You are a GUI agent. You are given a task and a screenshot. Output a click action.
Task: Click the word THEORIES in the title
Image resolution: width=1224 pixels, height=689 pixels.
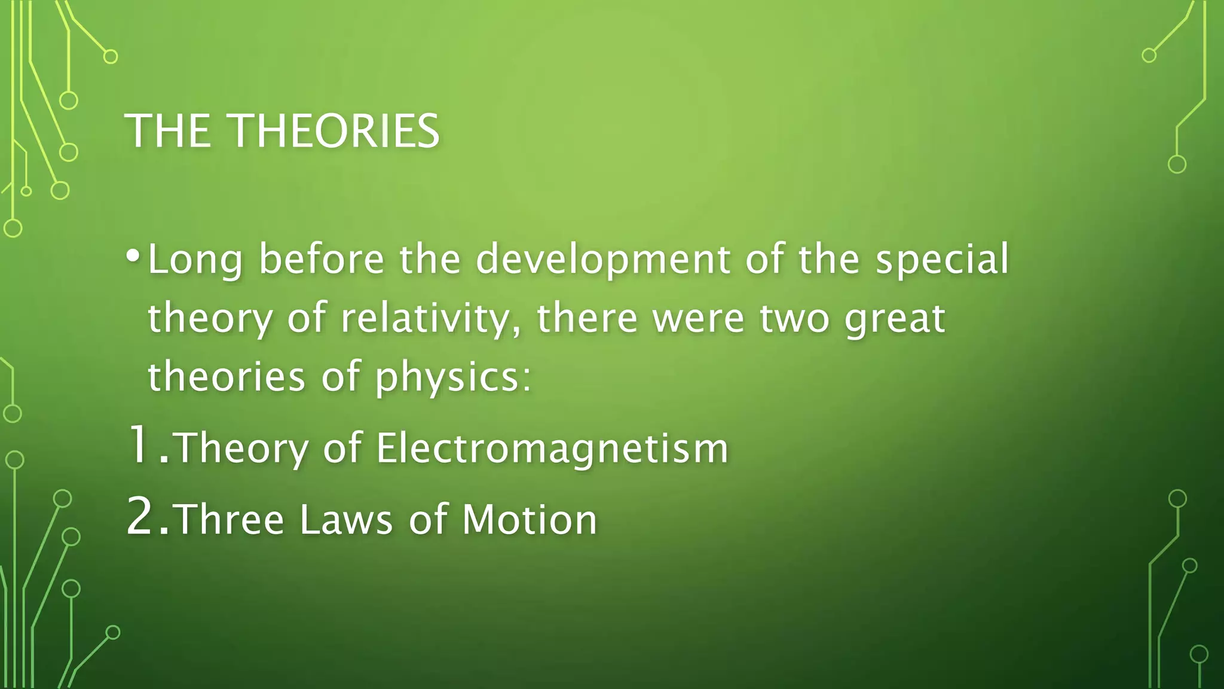(x=335, y=131)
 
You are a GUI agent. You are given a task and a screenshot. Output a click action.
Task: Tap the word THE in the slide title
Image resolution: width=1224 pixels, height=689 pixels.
(x=168, y=131)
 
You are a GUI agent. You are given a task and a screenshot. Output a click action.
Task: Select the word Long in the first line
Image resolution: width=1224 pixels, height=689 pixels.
(x=195, y=261)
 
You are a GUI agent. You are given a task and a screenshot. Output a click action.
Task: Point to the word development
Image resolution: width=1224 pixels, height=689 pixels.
(x=602, y=261)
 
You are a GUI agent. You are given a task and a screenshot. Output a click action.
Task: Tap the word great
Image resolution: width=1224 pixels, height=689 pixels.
(x=894, y=319)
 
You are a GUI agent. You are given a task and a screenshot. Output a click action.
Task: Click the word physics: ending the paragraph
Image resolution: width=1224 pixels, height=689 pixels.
(x=453, y=378)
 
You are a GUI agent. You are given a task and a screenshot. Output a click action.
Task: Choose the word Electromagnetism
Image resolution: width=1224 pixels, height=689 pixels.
(x=552, y=449)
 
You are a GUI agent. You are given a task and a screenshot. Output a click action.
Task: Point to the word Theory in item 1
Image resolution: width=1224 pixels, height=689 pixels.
(x=241, y=449)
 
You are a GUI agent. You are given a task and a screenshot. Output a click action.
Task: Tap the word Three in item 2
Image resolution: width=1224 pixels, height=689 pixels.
(x=229, y=519)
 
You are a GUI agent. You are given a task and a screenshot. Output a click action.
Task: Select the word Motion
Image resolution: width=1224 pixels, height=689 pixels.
(x=530, y=519)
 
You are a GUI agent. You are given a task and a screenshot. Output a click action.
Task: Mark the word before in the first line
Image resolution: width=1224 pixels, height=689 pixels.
(x=322, y=261)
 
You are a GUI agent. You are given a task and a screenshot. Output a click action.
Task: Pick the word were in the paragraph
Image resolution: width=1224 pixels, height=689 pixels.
(x=698, y=319)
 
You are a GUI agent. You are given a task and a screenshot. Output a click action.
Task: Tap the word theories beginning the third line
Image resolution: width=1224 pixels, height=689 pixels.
(x=227, y=378)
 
